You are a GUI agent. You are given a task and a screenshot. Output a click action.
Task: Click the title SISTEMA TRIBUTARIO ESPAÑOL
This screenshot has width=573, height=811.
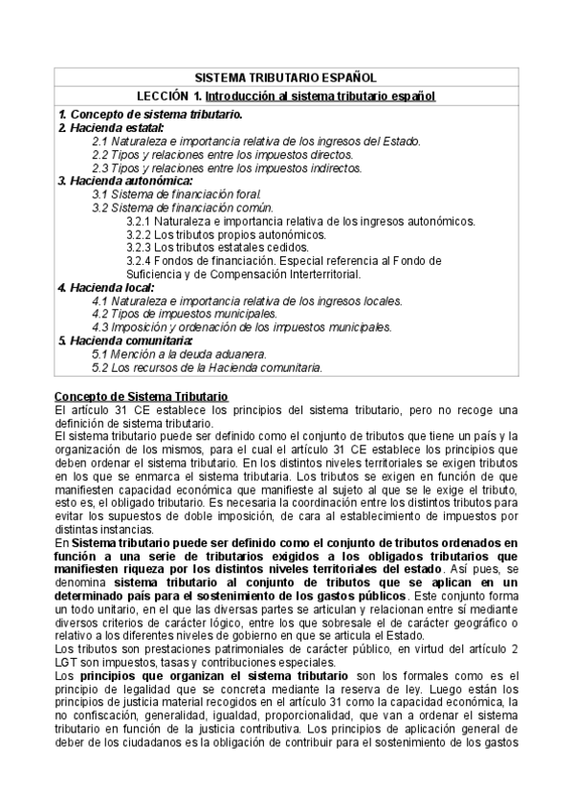tap(286, 77)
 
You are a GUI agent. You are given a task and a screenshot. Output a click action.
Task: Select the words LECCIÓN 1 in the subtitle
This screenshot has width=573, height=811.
tap(169, 97)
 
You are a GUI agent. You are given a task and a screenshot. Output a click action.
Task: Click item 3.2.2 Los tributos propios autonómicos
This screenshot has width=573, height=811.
tap(226, 233)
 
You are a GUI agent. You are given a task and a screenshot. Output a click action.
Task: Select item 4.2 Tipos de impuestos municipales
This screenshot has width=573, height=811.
tap(185, 313)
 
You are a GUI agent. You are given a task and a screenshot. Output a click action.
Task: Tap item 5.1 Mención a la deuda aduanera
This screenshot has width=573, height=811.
tap(178, 353)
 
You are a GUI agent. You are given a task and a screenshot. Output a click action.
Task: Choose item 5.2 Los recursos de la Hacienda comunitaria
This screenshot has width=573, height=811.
tap(207, 366)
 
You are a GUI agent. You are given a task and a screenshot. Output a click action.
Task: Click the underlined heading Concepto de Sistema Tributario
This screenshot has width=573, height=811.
tap(135, 396)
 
